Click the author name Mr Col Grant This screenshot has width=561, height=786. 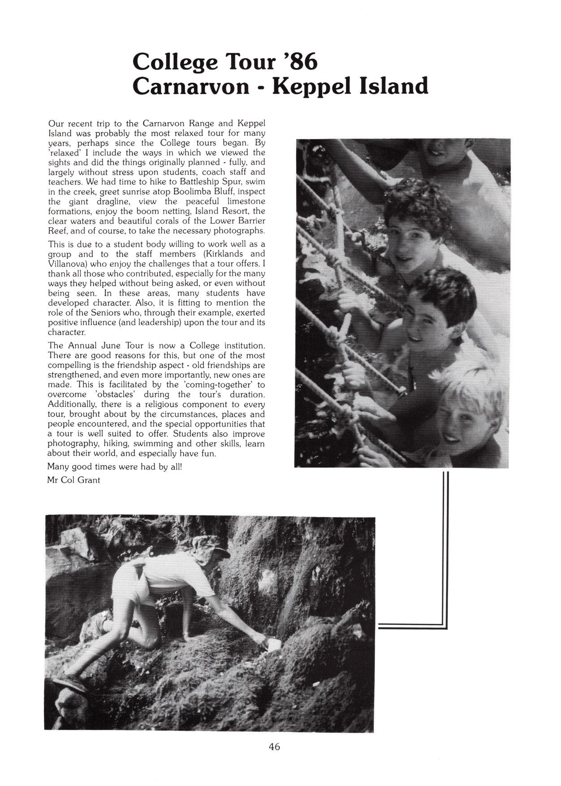click(x=74, y=480)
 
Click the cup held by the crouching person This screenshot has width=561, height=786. click(x=274, y=644)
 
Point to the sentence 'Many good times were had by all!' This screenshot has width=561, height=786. click(x=115, y=466)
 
